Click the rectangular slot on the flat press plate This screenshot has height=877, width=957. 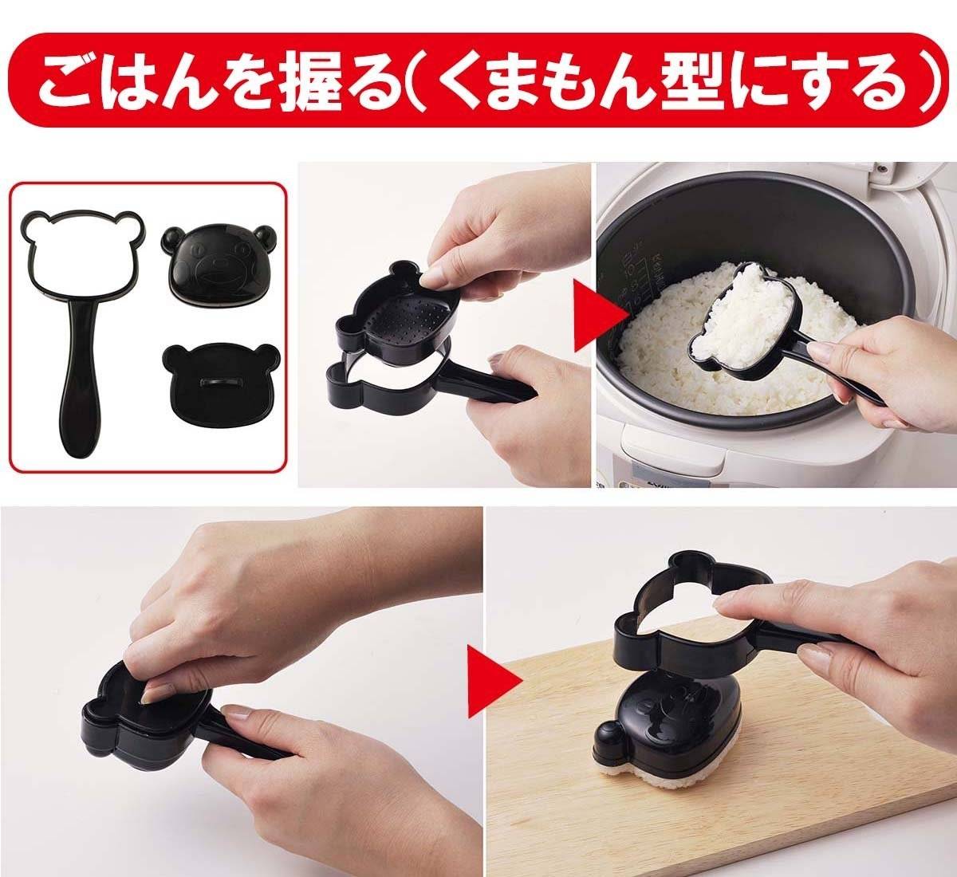click(x=221, y=382)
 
